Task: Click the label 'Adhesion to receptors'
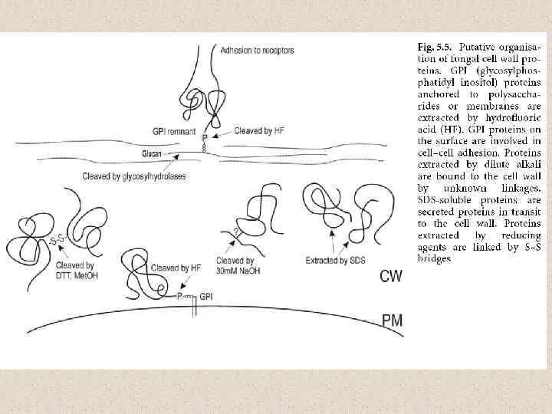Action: [x=257, y=51]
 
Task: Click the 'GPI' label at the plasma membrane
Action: [x=205, y=296]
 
